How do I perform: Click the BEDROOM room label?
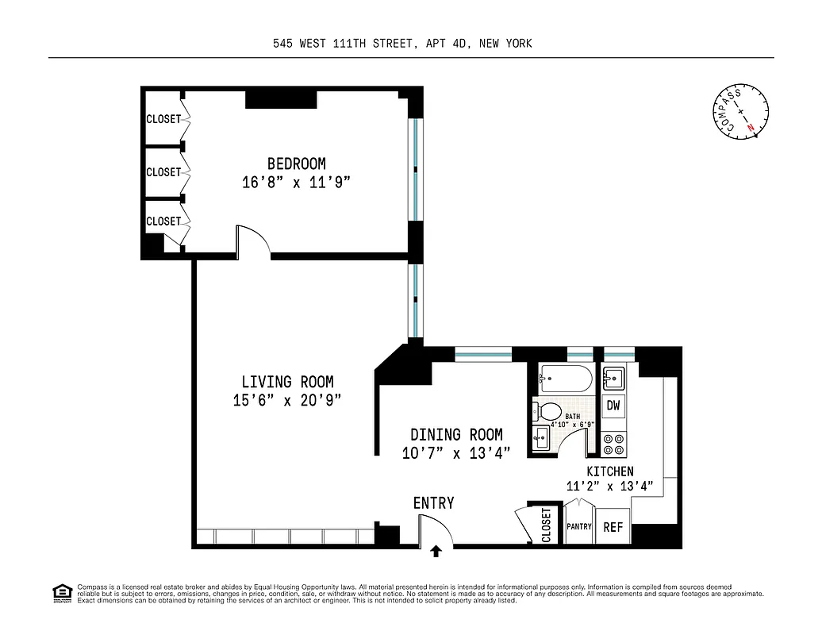tap(296, 164)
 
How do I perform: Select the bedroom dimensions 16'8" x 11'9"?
tap(296, 183)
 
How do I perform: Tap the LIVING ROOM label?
tap(287, 382)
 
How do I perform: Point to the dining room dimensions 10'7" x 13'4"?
tap(455, 453)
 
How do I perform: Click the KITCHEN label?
tap(610, 471)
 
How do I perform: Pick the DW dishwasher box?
tap(613, 406)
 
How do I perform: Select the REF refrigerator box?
tap(613, 527)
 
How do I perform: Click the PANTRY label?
tap(579, 527)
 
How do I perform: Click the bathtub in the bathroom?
tap(565, 380)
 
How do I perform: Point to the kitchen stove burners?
tap(613, 444)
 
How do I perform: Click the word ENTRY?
tap(433, 503)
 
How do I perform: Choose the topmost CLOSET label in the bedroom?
tap(163, 120)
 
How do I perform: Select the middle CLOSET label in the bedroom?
tap(163, 172)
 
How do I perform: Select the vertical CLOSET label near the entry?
tap(546, 525)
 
